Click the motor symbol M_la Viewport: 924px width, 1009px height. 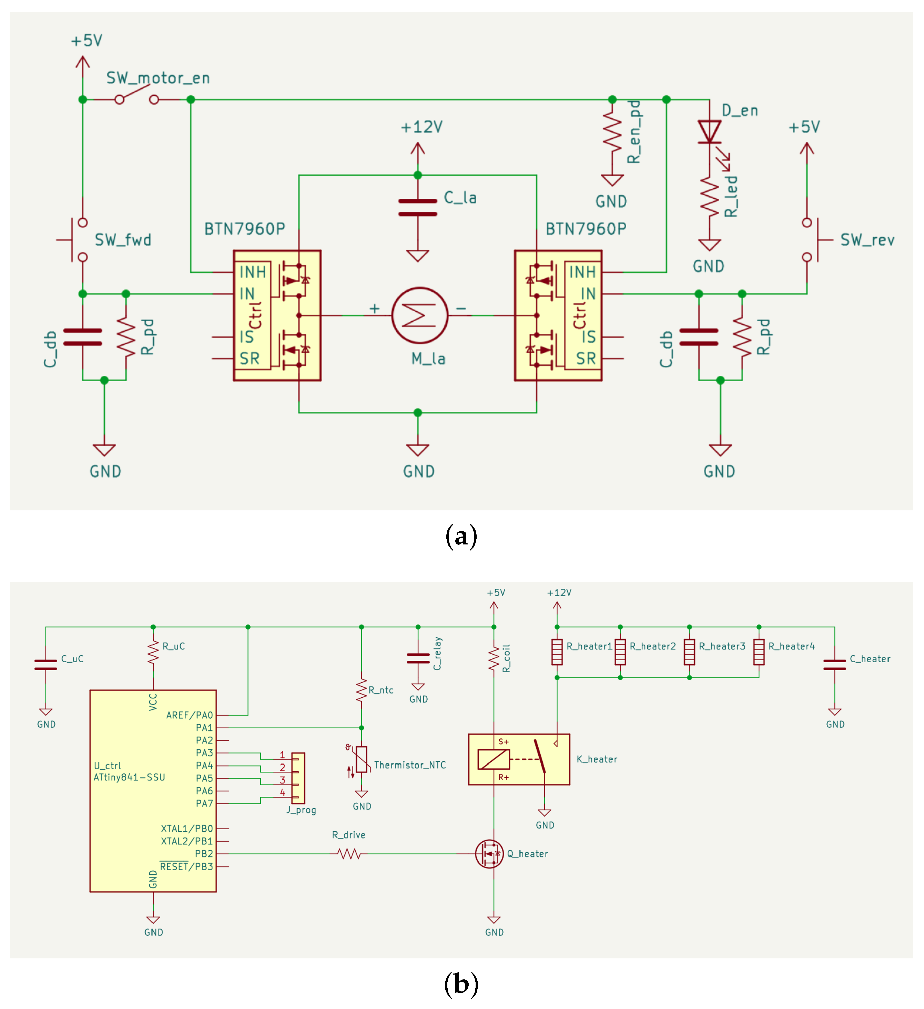coord(420,315)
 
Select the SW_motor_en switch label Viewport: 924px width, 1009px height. coord(158,78)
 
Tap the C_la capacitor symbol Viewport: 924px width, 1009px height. coord(418,207)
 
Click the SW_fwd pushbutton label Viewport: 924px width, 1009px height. coord(123,240)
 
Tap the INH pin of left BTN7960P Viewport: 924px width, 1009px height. coord(252,272)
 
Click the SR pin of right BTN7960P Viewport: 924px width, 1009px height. coord(586,359)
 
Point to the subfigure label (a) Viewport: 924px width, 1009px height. coord(461,536)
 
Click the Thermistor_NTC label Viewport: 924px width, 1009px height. coord(410,765)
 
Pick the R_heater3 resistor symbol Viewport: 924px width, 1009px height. coord(689,652)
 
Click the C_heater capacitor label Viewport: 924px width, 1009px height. coord(870,659)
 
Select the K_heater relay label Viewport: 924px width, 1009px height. coord(597,760)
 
